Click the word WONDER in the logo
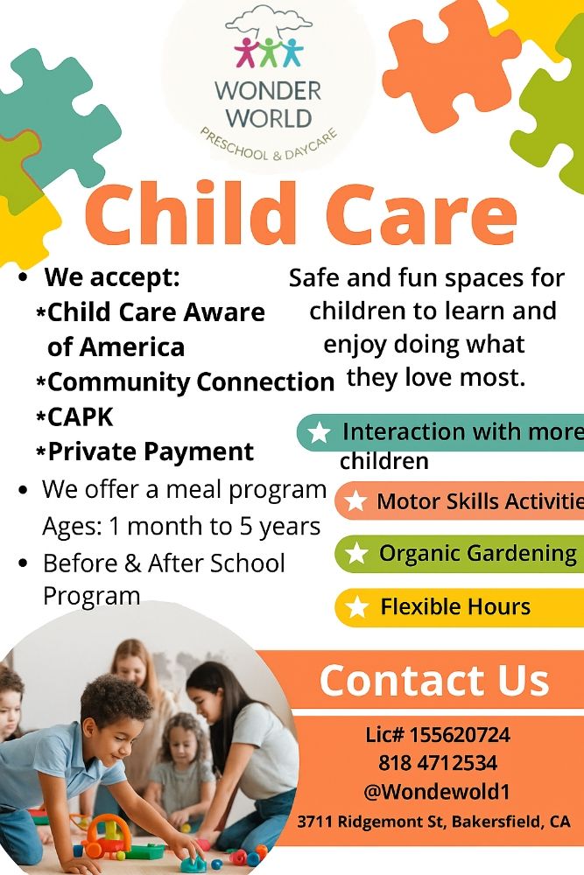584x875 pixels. (x=268, y=90)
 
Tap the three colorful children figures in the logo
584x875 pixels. (x=267, y=52)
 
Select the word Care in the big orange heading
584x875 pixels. (x=422, y=216)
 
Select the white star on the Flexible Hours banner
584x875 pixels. (x=357, y=607)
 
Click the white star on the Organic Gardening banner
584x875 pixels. (x=356, y=554)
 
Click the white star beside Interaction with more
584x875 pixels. (x=320, y=432)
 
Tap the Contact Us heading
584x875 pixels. (x=433, y=681)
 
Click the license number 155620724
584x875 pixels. (x=438, y=735)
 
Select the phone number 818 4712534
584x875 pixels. (x=438, y=763)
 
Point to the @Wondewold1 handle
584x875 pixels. (x=438, y=792)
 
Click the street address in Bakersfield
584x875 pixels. (x=434, y=822)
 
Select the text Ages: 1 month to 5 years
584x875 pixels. (x=181, y=527)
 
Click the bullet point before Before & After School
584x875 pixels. (x=24, y=563)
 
